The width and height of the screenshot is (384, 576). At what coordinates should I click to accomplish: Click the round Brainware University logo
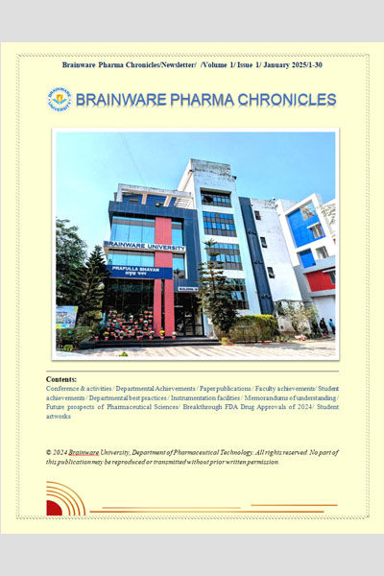pos(59,99)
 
